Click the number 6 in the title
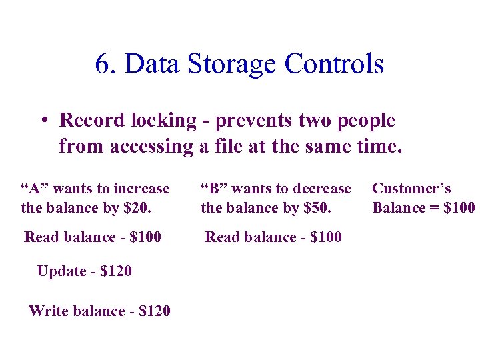102,64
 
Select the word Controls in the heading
334,64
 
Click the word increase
141,189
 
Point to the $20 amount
137,207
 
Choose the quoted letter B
213,189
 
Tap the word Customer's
411,189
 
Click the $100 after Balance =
459,207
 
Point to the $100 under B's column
322,237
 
